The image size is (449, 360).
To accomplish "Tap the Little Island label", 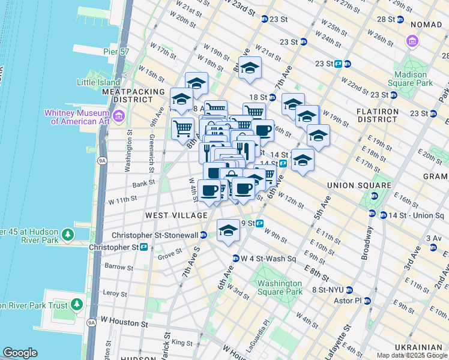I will coord(98,82).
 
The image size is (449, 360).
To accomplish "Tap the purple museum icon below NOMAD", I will coord(412,41).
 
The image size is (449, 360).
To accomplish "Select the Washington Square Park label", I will coord(277,287).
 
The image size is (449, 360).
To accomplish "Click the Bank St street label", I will coord(143,183).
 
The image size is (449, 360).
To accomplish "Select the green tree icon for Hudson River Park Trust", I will coord(77,304).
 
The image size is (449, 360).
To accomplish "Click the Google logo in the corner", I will coord(20,353).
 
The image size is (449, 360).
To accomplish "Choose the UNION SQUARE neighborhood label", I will coord(352,185).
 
